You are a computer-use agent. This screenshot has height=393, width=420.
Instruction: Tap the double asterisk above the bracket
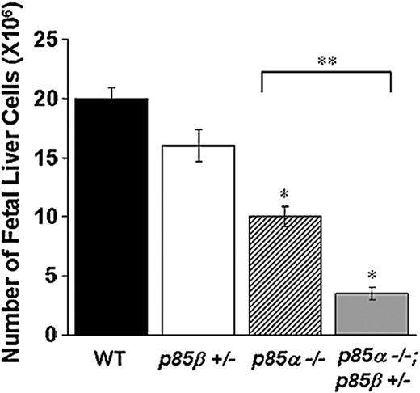tap(326, 59)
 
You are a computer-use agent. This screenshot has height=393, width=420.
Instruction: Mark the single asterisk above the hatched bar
tap(285, 193)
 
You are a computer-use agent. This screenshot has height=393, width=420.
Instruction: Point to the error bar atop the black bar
tap(112, 92)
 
